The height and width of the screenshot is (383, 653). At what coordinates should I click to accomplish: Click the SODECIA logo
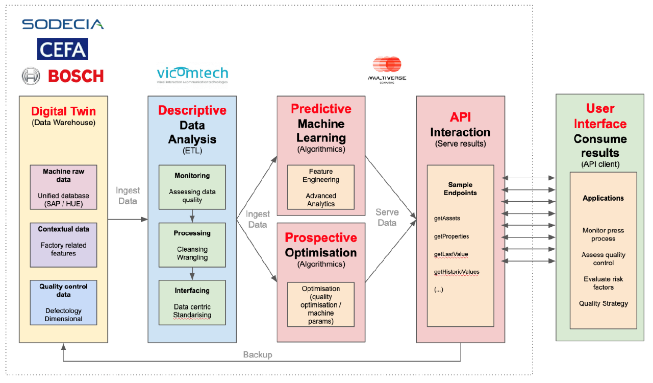point(63,24)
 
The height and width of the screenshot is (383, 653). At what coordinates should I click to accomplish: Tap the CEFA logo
point(63,49)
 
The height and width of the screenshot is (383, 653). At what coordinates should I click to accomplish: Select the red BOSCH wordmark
point(76,76)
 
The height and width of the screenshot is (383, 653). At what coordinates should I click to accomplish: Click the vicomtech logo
point(192,75)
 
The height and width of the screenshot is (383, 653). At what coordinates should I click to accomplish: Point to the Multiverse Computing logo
point(387,70)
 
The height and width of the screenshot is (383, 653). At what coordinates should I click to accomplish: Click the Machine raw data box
point(64,187)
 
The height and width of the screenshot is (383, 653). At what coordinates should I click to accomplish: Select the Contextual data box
point(64,245)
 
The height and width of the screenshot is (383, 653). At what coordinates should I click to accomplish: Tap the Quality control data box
point(64,302)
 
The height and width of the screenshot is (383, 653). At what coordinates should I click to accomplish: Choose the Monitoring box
point(192,187)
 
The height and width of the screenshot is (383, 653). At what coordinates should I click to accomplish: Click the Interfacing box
point(192,302)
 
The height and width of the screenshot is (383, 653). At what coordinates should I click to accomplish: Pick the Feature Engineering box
point(321,187)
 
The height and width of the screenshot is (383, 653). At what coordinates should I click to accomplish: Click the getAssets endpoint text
point(447,219)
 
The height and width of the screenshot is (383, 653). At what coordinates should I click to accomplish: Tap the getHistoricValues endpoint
point(457,272)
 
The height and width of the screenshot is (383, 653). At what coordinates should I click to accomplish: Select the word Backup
point(258,355)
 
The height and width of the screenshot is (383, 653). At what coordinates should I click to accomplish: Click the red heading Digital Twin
point(64,111)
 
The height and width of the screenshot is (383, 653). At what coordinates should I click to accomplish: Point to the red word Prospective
point(321,237)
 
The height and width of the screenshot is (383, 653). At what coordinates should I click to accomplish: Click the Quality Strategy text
point(604,304)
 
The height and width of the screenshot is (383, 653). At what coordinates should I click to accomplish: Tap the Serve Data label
point(387,218)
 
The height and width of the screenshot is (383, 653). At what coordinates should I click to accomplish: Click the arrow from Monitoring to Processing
point(192,216)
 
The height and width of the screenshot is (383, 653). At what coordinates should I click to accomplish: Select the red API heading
point(460,117)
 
